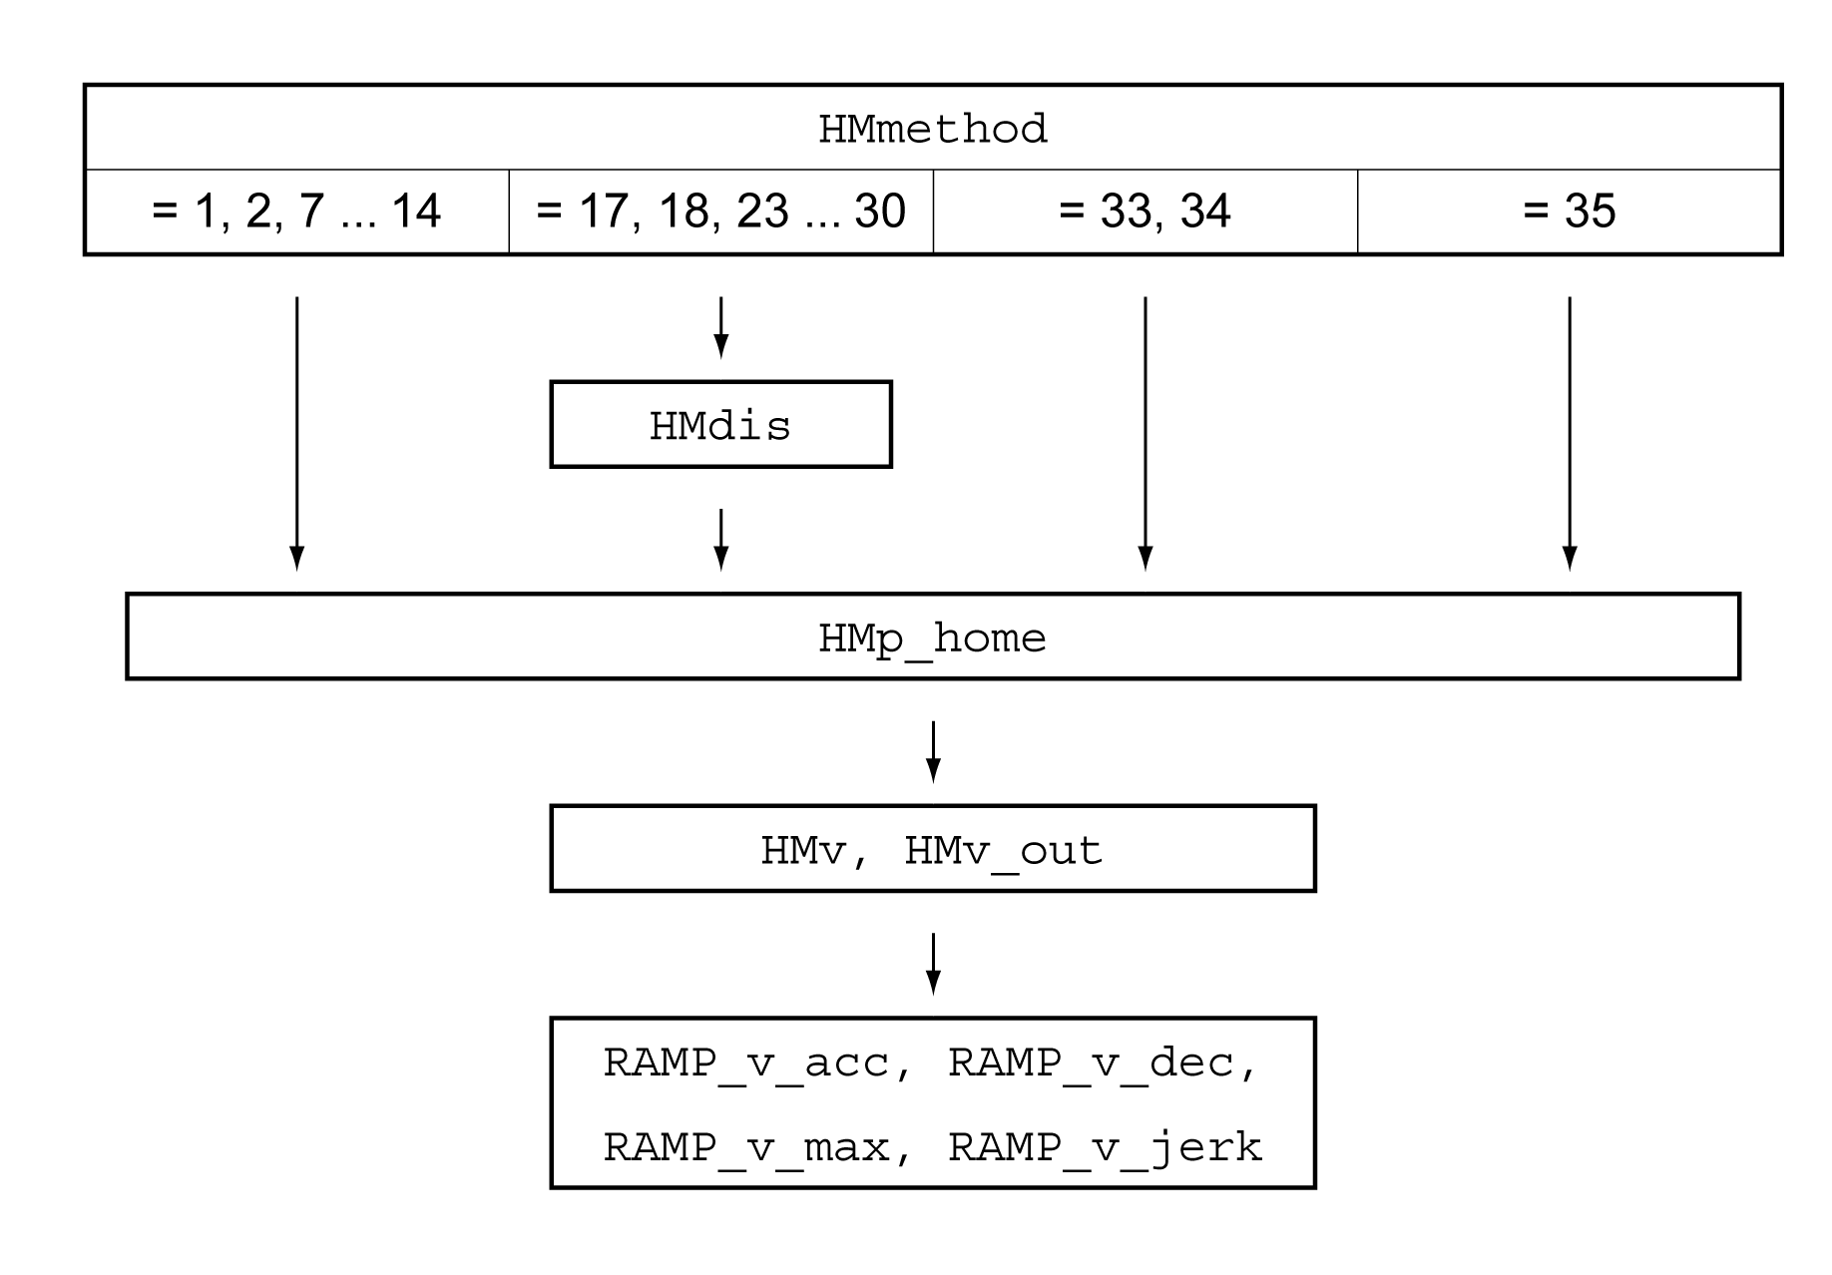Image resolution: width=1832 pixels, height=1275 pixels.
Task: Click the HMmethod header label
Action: coord(932,130)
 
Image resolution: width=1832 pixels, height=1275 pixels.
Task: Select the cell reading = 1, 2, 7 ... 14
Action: coord(296,212)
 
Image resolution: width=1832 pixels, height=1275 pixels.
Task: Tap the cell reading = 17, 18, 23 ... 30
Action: coord(720,212)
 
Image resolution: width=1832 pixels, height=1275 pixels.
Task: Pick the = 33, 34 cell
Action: coord(1145,212)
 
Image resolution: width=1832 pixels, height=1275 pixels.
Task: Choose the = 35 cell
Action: coord(1569,212)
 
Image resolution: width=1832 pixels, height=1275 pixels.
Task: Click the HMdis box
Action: coord(720,425)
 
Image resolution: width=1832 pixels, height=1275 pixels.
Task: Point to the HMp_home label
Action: coord(932,638)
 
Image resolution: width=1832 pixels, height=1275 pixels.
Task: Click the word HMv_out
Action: coord(1003,851)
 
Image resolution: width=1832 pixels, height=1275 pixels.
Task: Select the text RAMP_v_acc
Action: coord(746,1063)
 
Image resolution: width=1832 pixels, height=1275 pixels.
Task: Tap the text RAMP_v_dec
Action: coord(1091,1063)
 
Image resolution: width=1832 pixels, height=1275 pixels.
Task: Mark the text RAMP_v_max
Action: coord(746,1148)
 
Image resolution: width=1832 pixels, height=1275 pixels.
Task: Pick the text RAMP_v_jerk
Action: coord(1105,1148)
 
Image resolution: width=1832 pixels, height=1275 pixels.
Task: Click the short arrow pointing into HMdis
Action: coord(721,327)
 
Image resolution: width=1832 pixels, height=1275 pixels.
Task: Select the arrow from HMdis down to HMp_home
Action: coord(721,540)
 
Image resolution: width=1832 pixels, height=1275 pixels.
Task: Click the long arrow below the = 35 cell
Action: coord(1570,434)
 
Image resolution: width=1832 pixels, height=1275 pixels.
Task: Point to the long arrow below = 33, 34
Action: coord(1145,434)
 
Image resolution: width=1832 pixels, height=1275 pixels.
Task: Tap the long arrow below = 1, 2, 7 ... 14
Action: coord(296,434)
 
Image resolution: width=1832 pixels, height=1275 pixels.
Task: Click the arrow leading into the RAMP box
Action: coord(933,964)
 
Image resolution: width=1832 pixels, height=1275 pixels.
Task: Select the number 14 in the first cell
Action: coord(415,212)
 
